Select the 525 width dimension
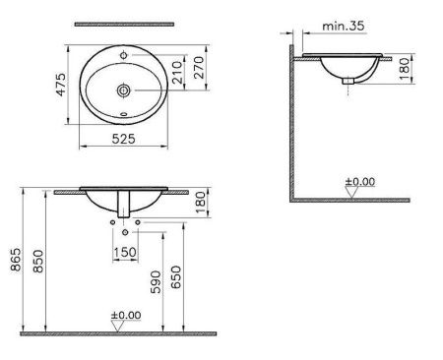point(122,141)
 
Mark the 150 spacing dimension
point(126,252)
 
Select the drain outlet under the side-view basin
point(345,84)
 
